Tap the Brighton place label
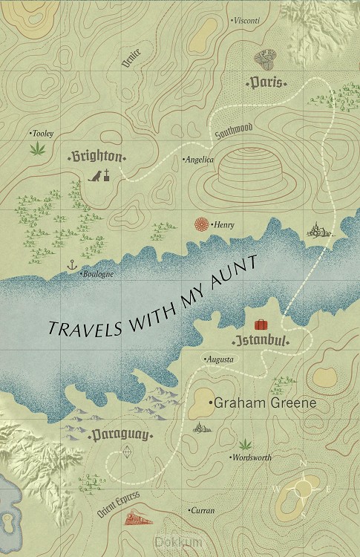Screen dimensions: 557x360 96,157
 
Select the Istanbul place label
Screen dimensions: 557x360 260,341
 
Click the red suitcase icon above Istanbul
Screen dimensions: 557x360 261,325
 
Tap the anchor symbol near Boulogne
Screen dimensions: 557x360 72,264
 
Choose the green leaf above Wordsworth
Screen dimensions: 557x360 245,443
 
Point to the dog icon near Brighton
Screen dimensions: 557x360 95,176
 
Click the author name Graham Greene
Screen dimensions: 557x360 253,403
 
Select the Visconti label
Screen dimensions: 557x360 246,21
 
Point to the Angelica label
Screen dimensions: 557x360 199,160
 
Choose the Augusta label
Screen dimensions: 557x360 220,359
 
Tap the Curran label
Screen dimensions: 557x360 202,511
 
